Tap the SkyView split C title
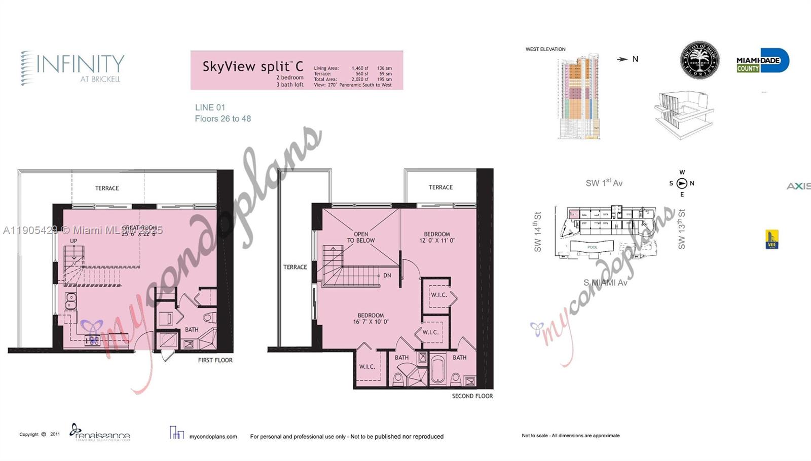(x=253, y=66)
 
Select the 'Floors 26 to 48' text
(x=223, y=119)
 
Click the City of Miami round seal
(x=699, y=60)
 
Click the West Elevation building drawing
(x=579, y=96)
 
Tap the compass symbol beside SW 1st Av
(x=682, y=183)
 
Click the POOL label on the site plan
(x=592, y=247)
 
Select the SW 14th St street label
(x=538, y=232)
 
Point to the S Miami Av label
(x=605, y=283)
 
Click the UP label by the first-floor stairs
(x=73, y=241)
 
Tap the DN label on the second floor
(x=387, y=276)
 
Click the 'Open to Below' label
(x=361, y=237)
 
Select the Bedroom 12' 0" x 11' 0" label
(x=437, y=237)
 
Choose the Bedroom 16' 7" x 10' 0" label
(x=371, y=318)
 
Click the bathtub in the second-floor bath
(x=437, y=370)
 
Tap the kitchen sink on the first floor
(x=70, y=301)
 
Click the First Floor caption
(x=215, y=360)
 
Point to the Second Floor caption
(x=472, y=396)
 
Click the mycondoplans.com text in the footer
(x=213, y=436)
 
